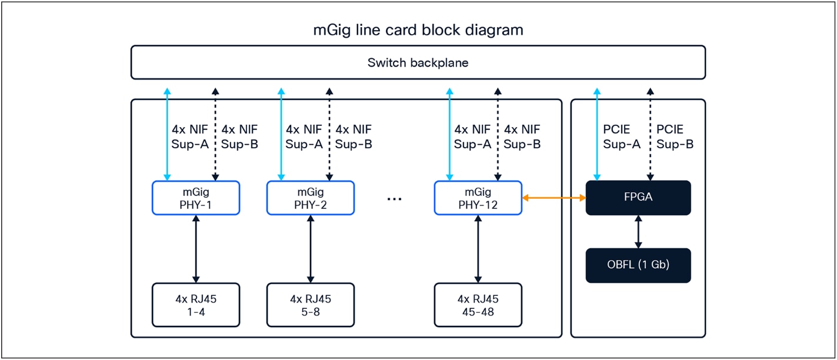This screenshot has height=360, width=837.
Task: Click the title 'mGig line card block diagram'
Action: [418, 30]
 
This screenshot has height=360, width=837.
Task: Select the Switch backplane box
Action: [418, 62]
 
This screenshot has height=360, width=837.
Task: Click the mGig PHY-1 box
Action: [196, 198]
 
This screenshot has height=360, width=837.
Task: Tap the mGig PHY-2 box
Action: [311, 198]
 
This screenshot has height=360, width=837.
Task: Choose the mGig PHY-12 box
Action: [478, 198]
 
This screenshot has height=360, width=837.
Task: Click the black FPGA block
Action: [638, 198]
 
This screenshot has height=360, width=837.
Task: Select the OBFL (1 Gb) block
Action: [638, 265]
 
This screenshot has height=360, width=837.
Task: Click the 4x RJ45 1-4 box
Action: [196, 305]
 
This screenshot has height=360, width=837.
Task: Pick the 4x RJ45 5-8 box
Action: [311, 305]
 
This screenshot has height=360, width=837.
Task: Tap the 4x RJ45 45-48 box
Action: [478, 305]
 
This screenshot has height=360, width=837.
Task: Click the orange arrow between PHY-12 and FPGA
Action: [554, 198]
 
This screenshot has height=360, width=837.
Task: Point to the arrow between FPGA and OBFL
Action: [638, 232]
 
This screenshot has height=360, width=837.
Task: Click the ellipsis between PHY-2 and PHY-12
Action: [394, 199]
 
